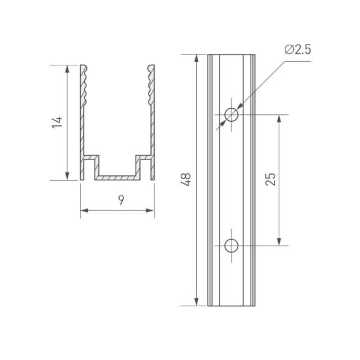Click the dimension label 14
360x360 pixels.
click(57, 122)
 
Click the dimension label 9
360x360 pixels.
click(121, 200)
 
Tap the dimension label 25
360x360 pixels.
click(271, 179)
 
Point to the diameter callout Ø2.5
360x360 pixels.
click(298, 50)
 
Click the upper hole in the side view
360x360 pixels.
click(231, 114)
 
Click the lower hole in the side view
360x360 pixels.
click(231, 246)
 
